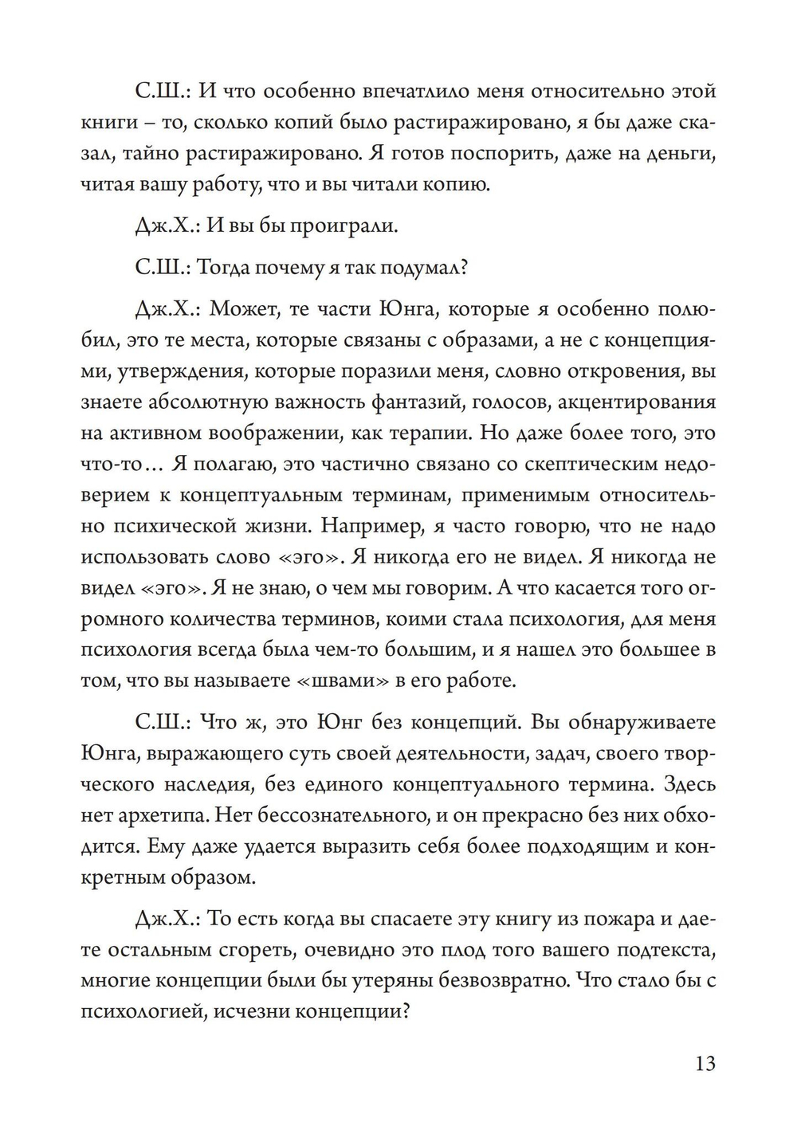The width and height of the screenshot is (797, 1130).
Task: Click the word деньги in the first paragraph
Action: coord(681,153)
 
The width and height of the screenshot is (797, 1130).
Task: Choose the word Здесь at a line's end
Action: coord(689,784)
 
